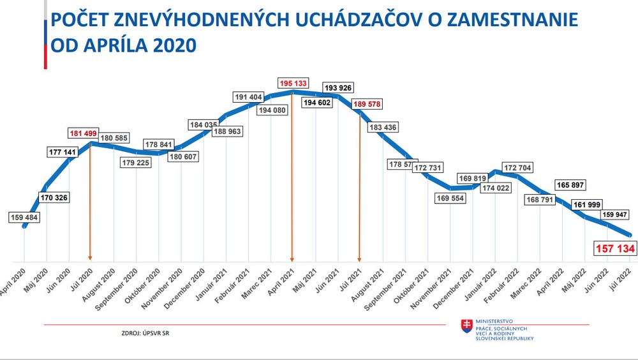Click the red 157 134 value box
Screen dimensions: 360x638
614,248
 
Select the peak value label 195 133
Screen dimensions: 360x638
292,84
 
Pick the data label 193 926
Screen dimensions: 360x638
338,87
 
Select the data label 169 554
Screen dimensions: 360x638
450,199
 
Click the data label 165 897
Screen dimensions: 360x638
573,184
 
